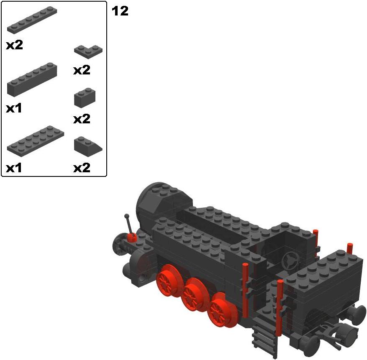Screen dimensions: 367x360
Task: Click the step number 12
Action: tap(120, 11)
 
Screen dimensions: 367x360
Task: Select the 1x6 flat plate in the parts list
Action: tap(32, 20)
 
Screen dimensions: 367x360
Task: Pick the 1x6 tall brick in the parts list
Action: tap(32, 79)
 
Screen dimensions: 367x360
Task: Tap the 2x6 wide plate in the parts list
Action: tap(36, 140)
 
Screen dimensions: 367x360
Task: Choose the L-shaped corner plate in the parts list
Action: tap(88, 51)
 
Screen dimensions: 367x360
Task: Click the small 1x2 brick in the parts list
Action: tap(85, 98)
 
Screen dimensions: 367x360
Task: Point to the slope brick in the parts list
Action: tap(88, 146)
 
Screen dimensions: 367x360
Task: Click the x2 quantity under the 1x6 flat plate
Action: tap(15, 45)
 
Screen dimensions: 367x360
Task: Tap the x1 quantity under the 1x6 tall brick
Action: tap(14, 108)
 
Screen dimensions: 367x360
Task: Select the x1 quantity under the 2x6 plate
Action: tap(14, 168)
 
